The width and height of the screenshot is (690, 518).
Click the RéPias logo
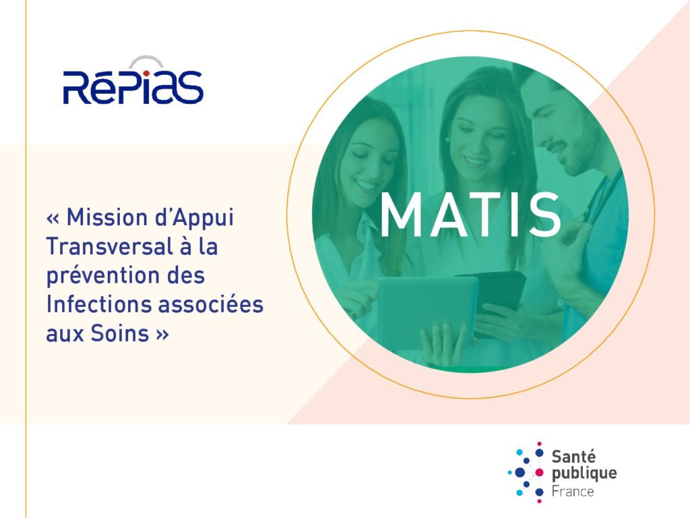coord(133,81)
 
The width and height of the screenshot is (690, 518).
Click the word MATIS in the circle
coord(470,214)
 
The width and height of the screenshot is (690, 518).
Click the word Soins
coord(120,333)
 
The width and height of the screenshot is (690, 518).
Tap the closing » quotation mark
coord(162,335)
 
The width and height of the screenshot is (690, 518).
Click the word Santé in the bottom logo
coord(573,457)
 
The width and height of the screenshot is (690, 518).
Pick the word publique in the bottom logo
coord(584,474)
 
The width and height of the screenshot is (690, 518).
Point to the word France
coord(573,491)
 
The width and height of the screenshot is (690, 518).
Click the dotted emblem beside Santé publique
coord(526,472)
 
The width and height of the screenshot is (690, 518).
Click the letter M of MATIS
coord(400,215)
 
